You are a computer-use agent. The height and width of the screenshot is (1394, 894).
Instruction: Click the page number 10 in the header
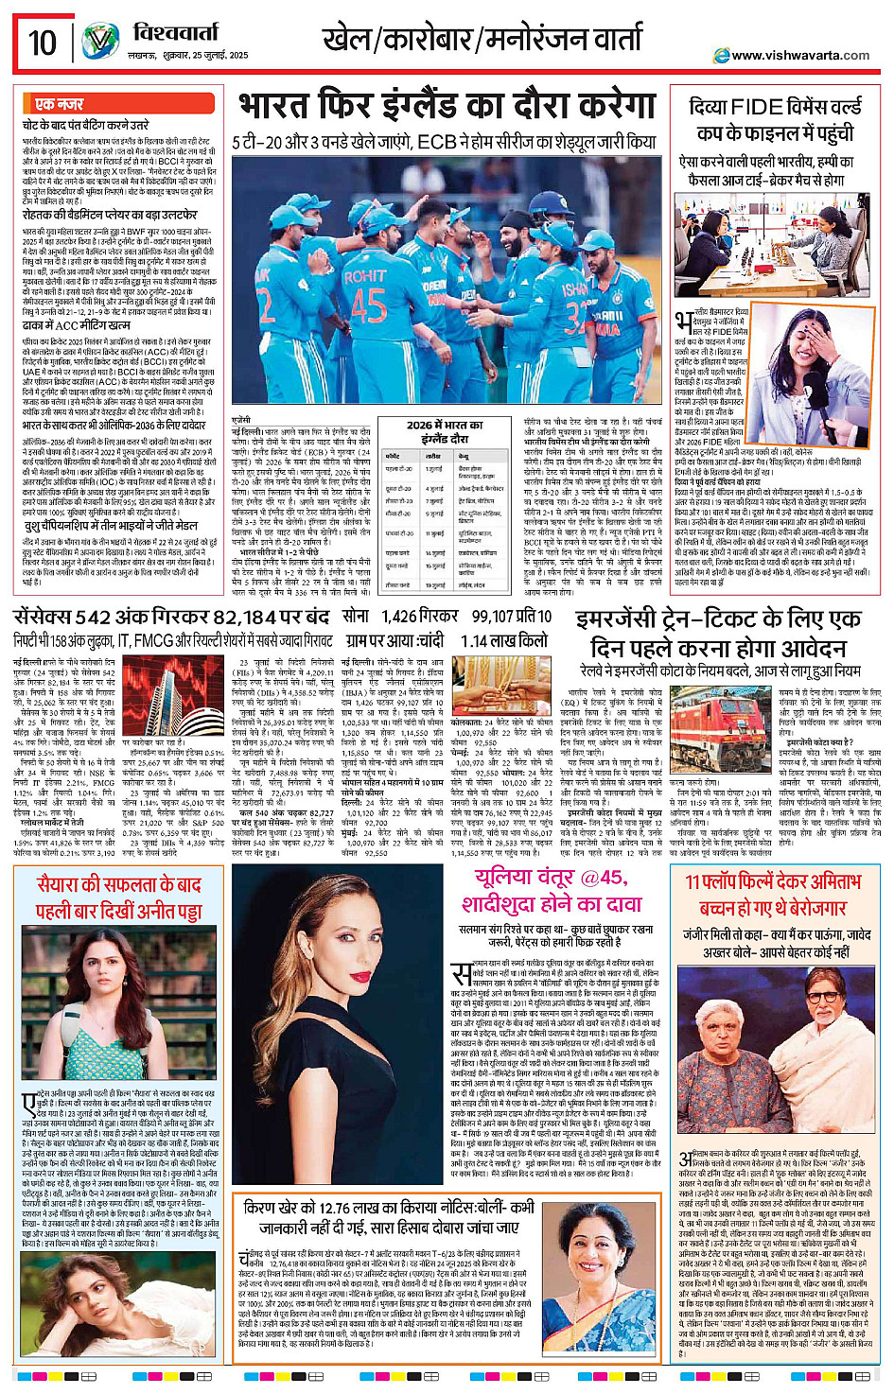[x=42, y=43]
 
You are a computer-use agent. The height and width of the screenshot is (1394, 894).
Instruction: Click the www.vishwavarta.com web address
[x=799, y=55]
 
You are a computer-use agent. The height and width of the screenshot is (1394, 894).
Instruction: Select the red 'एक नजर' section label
[x=59, y=104]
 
